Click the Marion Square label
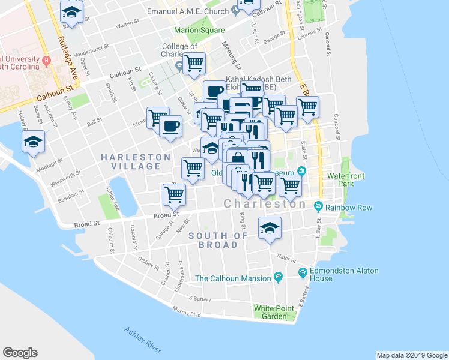click(199, 30)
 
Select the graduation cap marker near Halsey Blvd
click(33, 142)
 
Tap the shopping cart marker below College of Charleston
click(194, 63)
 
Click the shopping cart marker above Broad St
click(174, 194)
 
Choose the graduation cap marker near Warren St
click(72, 12)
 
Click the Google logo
click(20, 353)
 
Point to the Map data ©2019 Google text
click(411, 355)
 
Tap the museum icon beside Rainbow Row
click(318, 208)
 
